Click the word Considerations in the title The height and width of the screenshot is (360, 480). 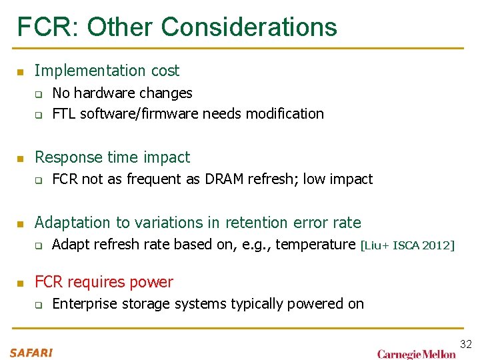(x=249, y=27)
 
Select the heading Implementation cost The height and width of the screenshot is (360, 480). (x=107, y=71)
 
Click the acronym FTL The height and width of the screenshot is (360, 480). (x=64, y=114)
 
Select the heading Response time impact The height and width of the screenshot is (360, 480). (x=112, y=157)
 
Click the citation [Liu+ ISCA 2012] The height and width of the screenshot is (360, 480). (x=407, y=246)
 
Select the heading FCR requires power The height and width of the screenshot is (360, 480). (x=103, y=282)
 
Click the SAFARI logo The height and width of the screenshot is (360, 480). (x=31, y=352)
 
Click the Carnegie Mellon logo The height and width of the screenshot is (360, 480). (x=417, y=353)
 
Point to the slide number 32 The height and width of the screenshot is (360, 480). (x=465, y=344)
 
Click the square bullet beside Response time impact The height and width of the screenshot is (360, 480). (x=20, y=159)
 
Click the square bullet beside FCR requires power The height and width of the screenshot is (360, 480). (x=20, y=283)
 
